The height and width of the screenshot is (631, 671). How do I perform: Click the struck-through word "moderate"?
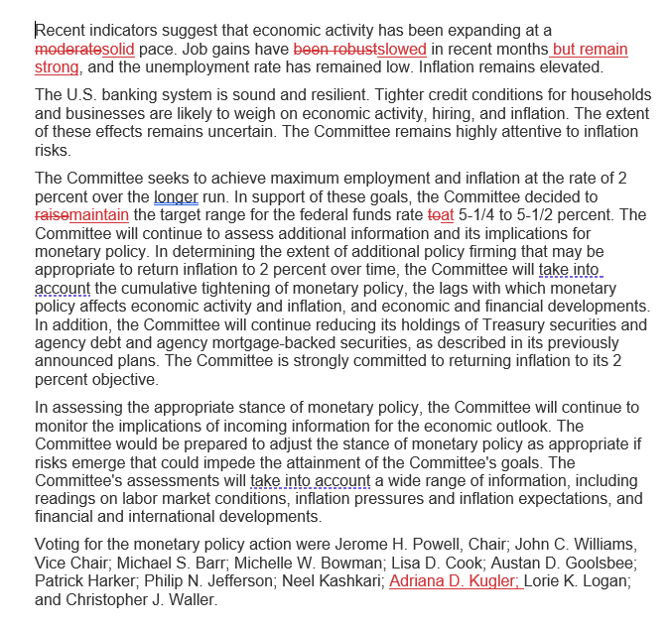coord(66,50)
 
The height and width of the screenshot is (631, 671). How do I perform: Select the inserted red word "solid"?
coord(117,50)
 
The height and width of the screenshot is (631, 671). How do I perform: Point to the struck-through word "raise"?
coord(52,215)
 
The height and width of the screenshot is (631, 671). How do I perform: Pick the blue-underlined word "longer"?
coord(177,197)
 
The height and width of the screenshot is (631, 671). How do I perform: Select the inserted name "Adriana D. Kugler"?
coord(454,582)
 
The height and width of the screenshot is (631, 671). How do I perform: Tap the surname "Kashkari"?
coord(348,582)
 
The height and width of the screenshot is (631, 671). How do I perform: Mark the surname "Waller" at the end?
coord(191,601)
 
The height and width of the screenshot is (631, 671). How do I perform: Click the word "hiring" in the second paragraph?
coord(440,113)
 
